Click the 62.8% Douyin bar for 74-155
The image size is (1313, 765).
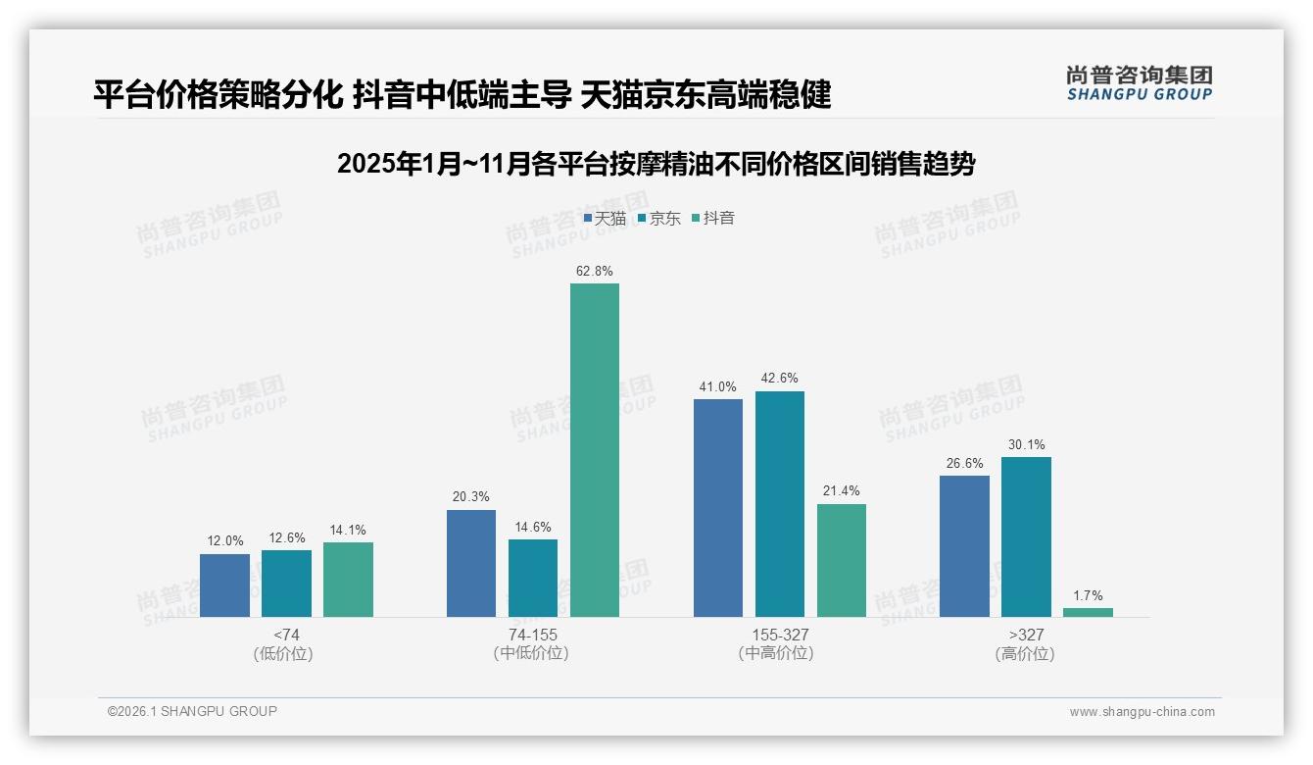pyautogui.click(x=595, y=450)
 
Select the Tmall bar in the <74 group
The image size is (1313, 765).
pyautogui.click(x=224, y=586)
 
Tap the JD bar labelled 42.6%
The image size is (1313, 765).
pyautogui.click(x=780, y=504)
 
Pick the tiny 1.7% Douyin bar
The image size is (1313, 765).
pyautogui.click(x=1088, y=612)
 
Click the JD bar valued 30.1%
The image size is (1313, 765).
pyautogui.click(x=1026, y=536)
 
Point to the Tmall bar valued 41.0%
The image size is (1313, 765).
pyautogui.click(x=718, y=508)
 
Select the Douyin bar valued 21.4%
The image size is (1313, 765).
pyautogui.click(x=842, y=560)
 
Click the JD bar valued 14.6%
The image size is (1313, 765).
pyautogui.click(x=533, y=578)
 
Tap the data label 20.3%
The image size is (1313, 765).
pyautogui.click(x=470, y=497)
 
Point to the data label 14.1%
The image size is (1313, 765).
pyautogui.click(x=348, y=531)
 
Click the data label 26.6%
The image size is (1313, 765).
pyautogui.click(x=964, y=463)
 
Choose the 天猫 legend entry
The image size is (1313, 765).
pyautogui.click(x=605, y=219)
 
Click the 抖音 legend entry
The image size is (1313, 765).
pyautogui.click(x=713, y=219)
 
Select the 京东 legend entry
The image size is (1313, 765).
pyautogui.click(x=658, y=219)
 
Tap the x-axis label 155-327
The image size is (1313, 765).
pyautogui.click(x=780, y=636)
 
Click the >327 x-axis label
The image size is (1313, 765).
pyautogui.click(x=1025, y=636)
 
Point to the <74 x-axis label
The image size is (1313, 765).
pyautogui.click(x=286, y=636)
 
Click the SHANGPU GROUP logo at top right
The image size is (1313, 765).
pyautogui.click(x=1139, y=83)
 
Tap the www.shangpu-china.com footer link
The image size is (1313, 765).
pyautogui.click(x=1142, y=712)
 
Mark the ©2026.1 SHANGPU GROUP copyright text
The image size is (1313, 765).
pyautogui.click(x=192, y=711)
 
